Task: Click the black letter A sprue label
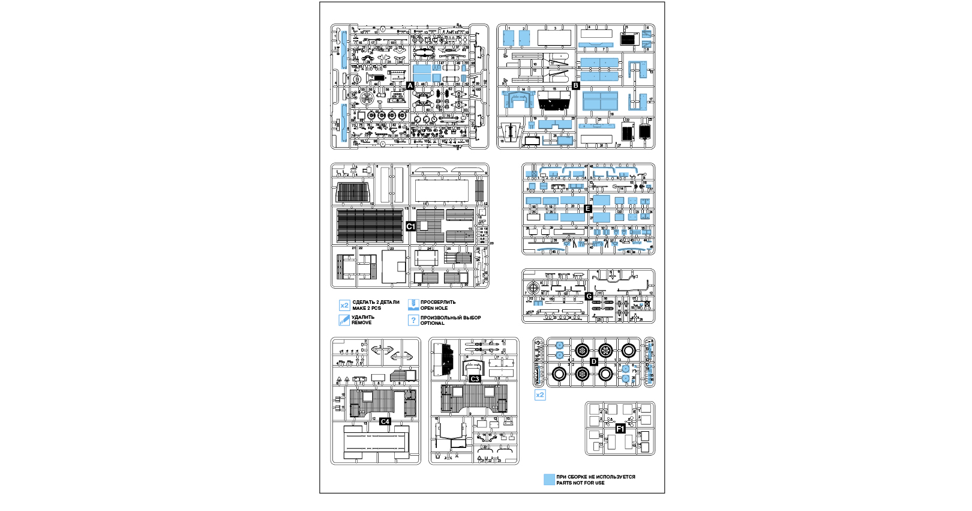click(410, 86)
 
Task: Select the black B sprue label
click(576, 86)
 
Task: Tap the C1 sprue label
click(410, 226)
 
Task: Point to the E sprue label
click(588, 209)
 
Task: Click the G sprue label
click(589, 296)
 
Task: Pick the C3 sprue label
click(475, 379)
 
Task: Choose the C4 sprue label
click(385, 422)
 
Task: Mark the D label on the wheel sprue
click(594, 361)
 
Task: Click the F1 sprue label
click(620, 429)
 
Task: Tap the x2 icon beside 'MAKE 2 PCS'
click(344, 306)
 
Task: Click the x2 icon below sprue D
click(540, 395)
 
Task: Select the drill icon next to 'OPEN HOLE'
click(413, 305)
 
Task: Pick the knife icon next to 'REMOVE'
click(344, 320)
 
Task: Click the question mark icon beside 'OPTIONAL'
click(413, 320)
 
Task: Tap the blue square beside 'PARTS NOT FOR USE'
click(549, 480)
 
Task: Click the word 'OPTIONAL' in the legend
click(432, 323)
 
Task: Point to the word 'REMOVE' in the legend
click(361, 322)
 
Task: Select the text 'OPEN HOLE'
click(434, 308)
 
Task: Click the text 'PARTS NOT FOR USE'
click(580, 483)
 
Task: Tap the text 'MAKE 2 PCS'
click(367, 308)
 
